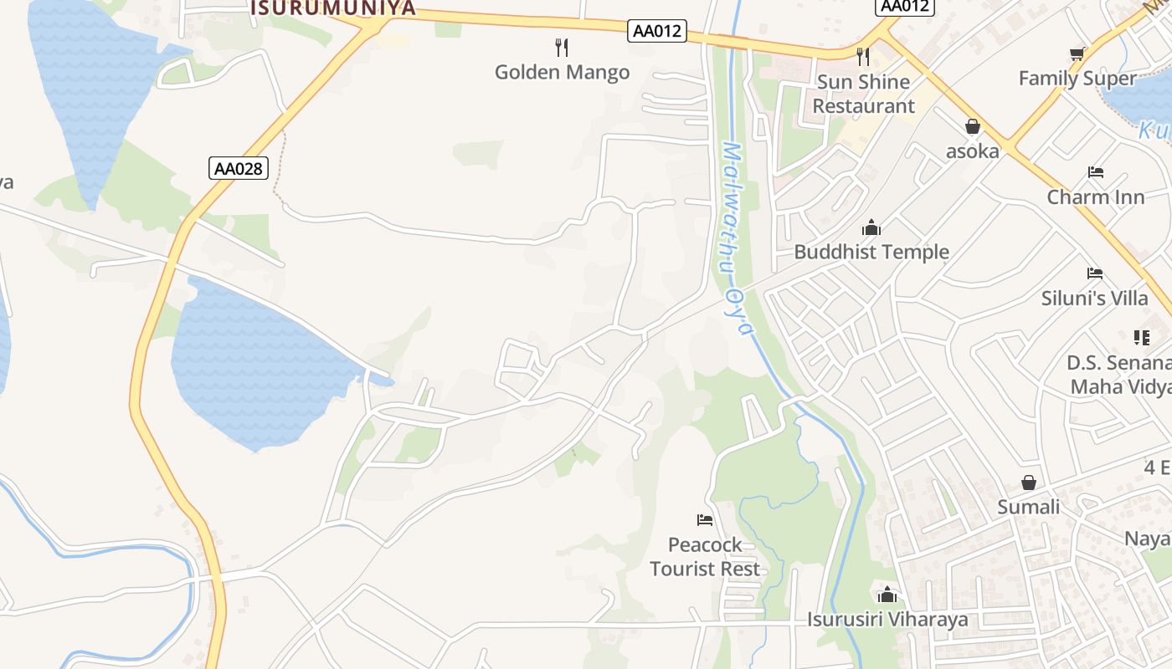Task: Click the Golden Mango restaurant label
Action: pyautogui.click(x=562, y=72)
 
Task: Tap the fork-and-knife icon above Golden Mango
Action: pyautogui.click(x=562, y=47)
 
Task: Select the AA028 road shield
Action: pyautogui.click(x=239, y=168)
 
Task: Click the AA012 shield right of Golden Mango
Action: pyautogui.click(x=657, y=32)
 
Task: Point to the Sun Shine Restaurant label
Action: pyautogui.click(x=863, y=94)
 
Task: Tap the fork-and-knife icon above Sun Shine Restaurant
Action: pyautogui.click(x=863, y=56)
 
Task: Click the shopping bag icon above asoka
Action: pyautogui.click(x=973, y=126)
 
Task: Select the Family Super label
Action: pyautogui.click(x=1077, y=79)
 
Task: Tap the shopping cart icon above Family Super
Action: pyautogui.click(x=1077, y=54)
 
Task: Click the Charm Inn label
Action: pyautogui.click(x=1096, y=197)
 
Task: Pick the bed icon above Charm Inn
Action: pyautogui.click(x=1096, y=172)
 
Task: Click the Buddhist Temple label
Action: pyautogui.click(x=871, y=252)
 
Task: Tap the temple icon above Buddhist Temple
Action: pyautogui.click(x=871, y=227)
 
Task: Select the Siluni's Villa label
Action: pyautogui.click(x=1095, y=298)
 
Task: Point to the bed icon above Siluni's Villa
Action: pyautogui.click(x=1095, y=273)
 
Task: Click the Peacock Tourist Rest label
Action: pyautogui.click(x=705, y=557)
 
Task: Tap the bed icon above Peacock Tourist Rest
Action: pyautogui.click(x=705, y=520)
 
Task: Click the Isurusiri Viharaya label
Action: pyautogui.click(x=887, y=620)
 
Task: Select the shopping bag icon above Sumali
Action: pyautogui.click(x=1029, y=483)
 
